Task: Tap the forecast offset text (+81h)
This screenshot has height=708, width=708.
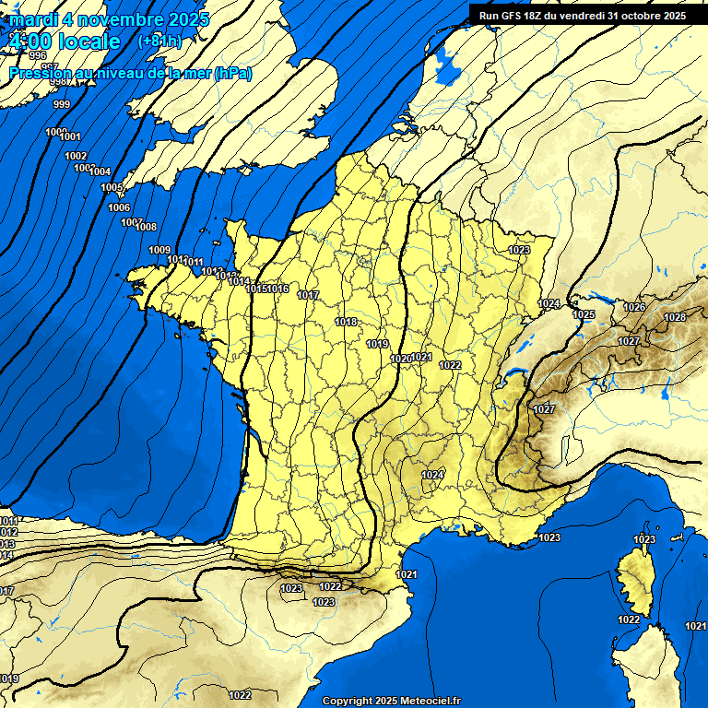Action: pyautogui.click(x=159, y=41)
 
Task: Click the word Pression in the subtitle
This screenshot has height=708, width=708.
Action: pyautogui.click(x=39, y=74)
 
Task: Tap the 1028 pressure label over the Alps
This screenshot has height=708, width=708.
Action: pyautogui.click(x=675, y=317)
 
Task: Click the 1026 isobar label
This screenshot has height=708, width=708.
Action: pyautogui.click(x=634, y=307)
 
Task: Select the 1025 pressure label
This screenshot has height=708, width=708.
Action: pyautogui.click(x=584, y=314)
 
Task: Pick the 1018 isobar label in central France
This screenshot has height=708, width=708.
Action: pyautogui.click(x=347, y=322)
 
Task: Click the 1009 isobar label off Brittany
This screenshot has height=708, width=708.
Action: pyautogui.click(x=159, y=250)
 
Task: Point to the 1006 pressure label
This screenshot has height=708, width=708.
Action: pyautogui.click(x=119, y=207)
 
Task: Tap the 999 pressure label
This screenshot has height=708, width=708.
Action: pyautogui.click(x=62, y=104)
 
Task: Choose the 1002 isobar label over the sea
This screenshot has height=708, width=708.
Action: pyautogui.click(x=76, y=156)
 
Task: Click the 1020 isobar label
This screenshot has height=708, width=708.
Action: pyautogui.click(x=400, y=359)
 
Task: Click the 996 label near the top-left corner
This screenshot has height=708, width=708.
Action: pyautogui.click(x=38, y=56)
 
